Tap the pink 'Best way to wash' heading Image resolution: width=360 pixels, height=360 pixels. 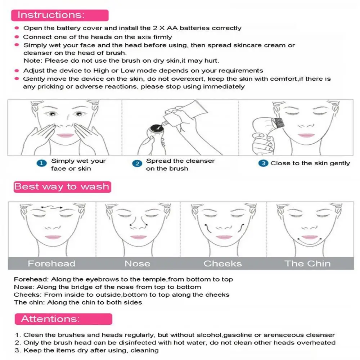coord(62,186)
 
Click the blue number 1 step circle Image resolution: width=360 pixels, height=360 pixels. coord(42,163)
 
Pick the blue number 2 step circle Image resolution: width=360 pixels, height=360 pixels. coord(137,163)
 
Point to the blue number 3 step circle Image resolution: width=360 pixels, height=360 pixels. coord(264,163)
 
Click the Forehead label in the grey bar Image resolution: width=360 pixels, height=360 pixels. coord(51,264)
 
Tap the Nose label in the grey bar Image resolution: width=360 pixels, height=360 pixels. coord(137,264)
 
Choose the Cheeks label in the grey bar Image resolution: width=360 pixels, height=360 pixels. coord(222,264)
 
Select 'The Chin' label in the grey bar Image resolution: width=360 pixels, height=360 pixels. coord(307,264)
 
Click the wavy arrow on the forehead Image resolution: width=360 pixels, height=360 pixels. coord(51,207)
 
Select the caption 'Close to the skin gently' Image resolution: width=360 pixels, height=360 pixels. coord(310,163)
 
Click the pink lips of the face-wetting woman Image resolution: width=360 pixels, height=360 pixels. coord(66,135)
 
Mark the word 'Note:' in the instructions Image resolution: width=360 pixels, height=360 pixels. coord(33,60)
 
